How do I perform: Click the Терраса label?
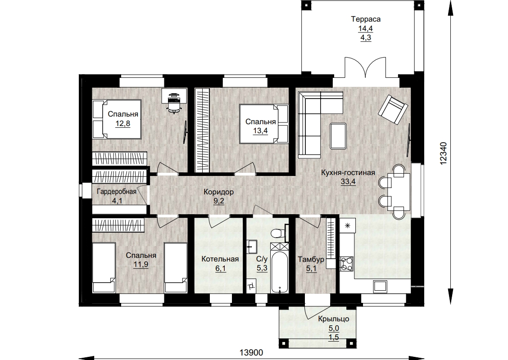366,19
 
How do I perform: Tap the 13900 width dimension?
251,352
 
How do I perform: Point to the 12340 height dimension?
444,153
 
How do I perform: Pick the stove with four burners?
346,264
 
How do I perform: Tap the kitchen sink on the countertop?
380,286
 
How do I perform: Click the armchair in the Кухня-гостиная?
393,109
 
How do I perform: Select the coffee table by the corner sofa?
338,136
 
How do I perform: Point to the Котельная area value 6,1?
220,268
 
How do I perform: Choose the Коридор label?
218,192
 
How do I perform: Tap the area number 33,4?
348,182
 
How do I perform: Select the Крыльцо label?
334,319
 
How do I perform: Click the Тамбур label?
311,259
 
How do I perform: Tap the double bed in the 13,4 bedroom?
264,124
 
